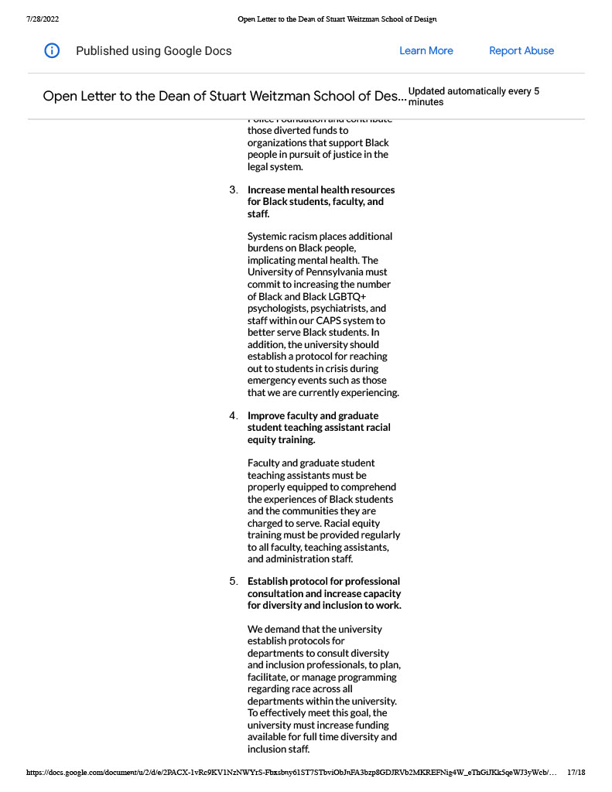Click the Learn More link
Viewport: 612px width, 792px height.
[x=426, y=51]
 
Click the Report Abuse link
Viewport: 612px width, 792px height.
[x=521, y=51]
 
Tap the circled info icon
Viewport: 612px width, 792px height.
[x=52, y=51]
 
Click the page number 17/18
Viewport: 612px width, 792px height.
[x=576, y=772]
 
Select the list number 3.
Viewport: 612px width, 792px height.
[x=233, y=190]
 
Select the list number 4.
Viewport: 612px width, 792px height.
[x=233, y=416]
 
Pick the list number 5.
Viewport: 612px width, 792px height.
[x=233, y=582]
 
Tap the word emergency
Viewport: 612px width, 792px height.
[x=274, y=381]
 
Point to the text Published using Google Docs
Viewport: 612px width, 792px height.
[x=153, y=51]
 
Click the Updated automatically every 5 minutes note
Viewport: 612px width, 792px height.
[x=474, y=96]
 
